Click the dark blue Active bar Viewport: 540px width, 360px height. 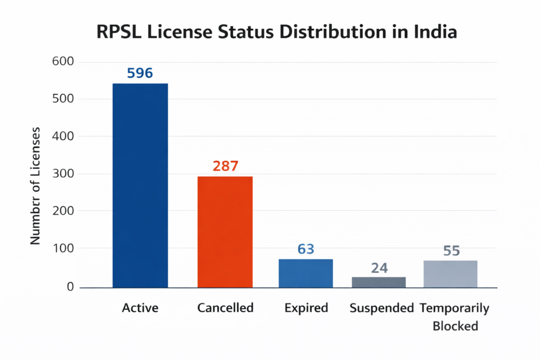pos(140,186)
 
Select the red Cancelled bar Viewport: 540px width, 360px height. pos(225,232)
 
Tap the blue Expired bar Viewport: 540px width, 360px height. pos(306,273)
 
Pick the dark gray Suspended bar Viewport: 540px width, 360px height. pos(379,282)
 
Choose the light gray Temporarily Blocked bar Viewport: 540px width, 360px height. pos(451,274)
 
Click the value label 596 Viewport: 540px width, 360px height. pos(140,73)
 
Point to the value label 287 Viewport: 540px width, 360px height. pos(226,167)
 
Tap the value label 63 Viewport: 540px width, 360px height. pos(306,249)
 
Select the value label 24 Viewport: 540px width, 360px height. pos(379,268)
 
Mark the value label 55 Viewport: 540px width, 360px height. pos(451,250)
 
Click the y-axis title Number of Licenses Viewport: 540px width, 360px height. pos(35,186)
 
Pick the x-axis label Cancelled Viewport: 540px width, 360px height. pos(225,308)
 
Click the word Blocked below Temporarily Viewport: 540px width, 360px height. pos(455,326)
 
